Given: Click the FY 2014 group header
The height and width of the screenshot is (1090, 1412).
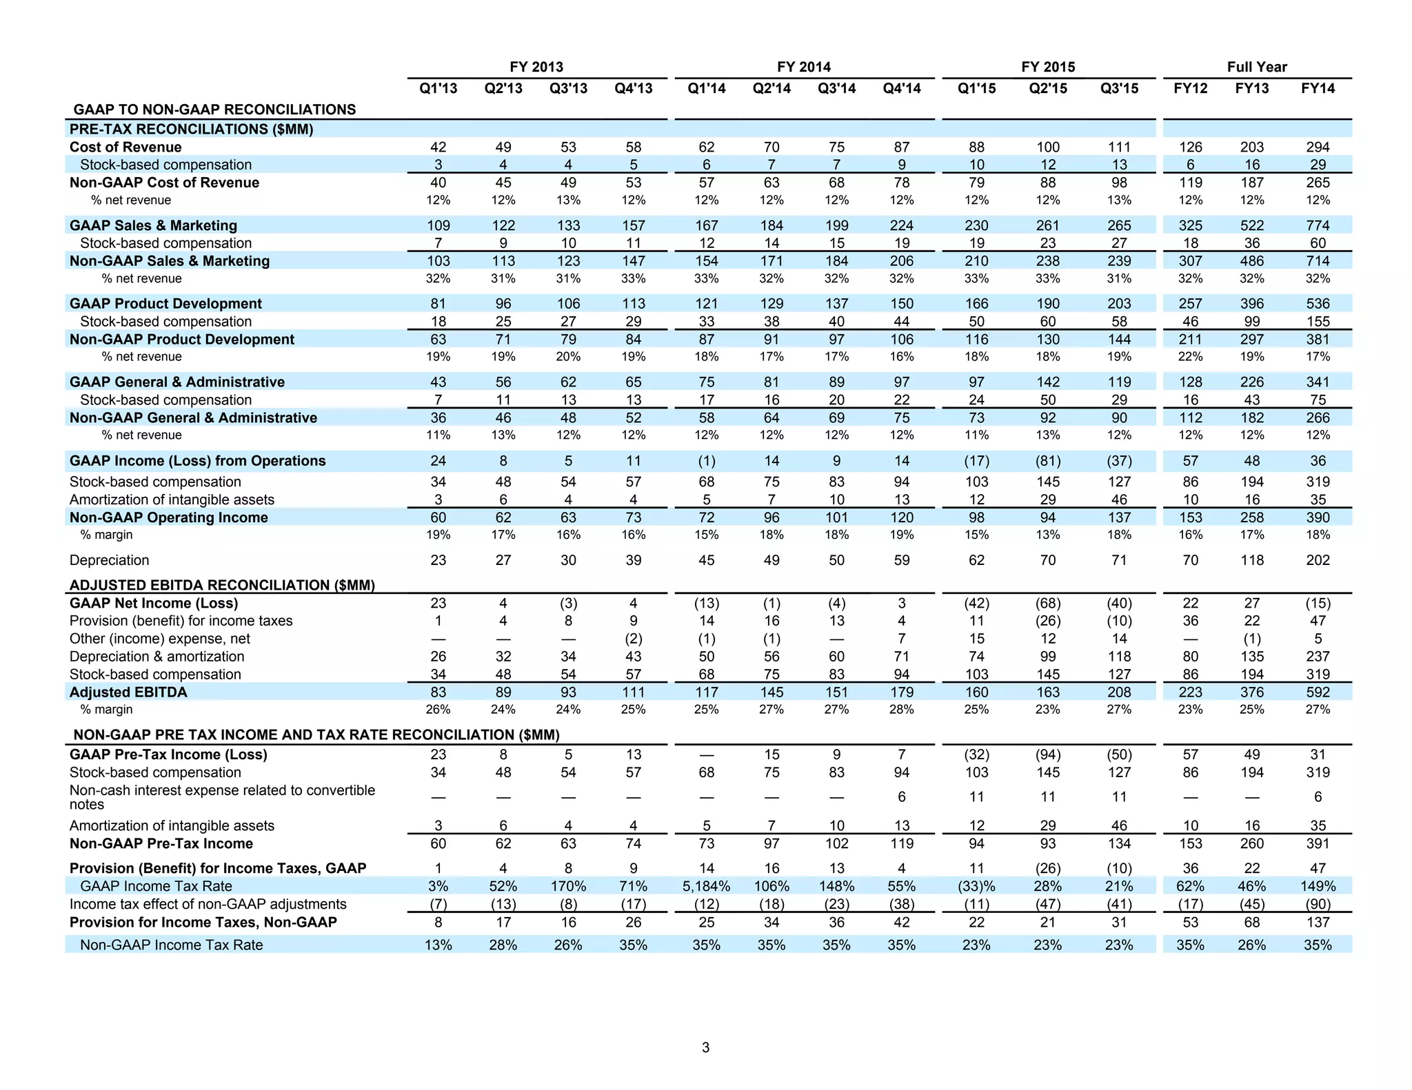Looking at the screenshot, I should [x=803, y=67].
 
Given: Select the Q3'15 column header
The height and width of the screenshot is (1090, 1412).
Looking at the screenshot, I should [x=1119, y=88].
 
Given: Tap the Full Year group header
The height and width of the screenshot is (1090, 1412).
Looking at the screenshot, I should [x=1256, y=67].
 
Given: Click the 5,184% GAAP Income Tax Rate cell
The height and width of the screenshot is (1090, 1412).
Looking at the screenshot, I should [x=706, y=886].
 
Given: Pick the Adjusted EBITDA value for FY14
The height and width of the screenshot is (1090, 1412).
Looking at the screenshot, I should [x=1317, y=692].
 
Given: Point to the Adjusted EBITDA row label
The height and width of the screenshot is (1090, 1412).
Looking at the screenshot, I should [x=128, y=692].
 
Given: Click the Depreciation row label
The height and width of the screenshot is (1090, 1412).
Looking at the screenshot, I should [x=109, y=560].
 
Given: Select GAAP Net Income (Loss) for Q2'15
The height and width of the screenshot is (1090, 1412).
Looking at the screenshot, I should [x=1047, y=603].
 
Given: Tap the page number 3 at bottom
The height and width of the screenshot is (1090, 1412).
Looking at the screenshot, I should [x=705, y=1047].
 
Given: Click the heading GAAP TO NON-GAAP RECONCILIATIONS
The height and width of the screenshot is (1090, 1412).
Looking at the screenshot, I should [x=214, y=110].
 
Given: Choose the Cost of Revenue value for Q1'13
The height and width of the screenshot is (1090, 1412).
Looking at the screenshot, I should [x=438, y=147].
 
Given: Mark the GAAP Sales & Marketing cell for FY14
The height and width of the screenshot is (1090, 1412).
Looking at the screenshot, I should [x=1317, y=225].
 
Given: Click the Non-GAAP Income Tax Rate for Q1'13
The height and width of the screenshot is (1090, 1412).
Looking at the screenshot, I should [x=438, y=945].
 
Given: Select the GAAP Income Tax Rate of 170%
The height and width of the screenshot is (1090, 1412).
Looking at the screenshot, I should [x=567, y=886].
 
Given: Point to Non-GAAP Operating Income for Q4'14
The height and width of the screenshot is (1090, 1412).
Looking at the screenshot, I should [x=901, y=517].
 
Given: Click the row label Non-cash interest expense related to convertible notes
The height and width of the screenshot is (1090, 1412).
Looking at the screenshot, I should [x=222, y=797].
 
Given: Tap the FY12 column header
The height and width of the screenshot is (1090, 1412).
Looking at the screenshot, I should [x=1190, y=88].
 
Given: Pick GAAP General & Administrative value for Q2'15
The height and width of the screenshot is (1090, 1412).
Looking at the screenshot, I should [x=1047, y=382].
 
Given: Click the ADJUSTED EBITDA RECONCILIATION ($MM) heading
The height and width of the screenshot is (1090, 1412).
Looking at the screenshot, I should [x=222, y=585].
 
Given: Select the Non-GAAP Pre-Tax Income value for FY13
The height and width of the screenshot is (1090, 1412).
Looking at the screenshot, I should [x=1251, y=843].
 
